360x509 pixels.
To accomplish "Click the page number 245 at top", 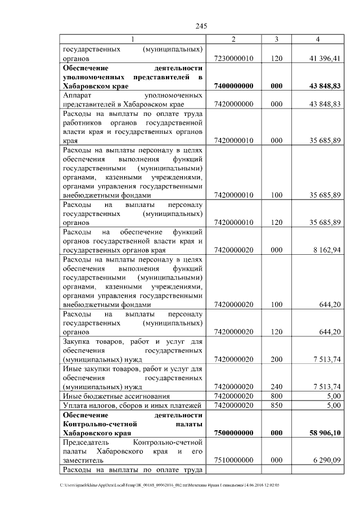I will coord(202,26).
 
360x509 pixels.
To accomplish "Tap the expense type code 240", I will coord(276,387).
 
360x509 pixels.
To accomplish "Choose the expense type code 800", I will coord(276,396).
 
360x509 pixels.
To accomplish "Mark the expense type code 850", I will coord(276,405).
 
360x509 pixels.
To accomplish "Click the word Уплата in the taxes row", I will coord(77,406).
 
